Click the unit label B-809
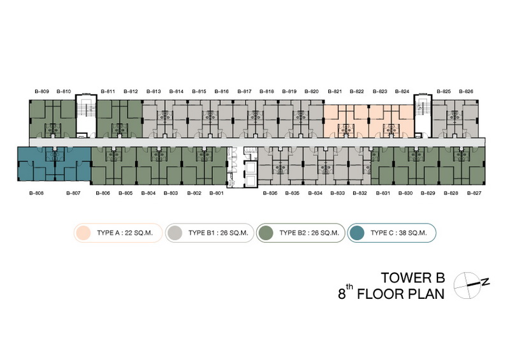[x=42, y=91]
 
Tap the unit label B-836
[x=270, y=193]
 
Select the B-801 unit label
[x=216, y=193]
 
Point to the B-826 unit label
[x=466, y=91]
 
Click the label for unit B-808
[x=36, y=193]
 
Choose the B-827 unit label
[x=474, y=193]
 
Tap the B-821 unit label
[x=335, y=91]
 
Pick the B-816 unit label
[x=221, y=91]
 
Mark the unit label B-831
[x=383, y=193]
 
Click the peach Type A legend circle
[x=83, y=233]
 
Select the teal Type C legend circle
[x=356, y=233]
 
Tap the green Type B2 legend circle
[x=265, y=233]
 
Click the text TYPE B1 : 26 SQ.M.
[x=218, y=233]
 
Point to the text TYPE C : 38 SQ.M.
[x=398, y=233]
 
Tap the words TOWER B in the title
[x=412, y=278]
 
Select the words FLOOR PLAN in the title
[x=401, y=294]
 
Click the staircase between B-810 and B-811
[x=86, y=116]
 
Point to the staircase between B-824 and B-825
[x=423, y=116]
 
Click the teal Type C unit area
[x=54, y=164]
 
